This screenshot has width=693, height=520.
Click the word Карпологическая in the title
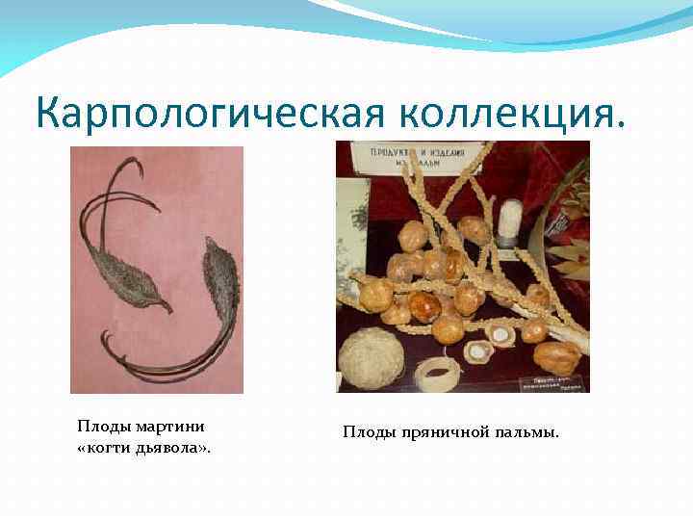tap(207, 115)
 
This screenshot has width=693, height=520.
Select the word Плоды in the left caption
tap(100, 426)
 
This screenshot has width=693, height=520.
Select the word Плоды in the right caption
tap(366, 432)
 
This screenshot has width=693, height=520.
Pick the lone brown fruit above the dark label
tap(556, 357)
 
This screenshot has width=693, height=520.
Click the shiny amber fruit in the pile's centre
tap(423, 306)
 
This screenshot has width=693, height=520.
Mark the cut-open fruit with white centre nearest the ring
tap(478, 351)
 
